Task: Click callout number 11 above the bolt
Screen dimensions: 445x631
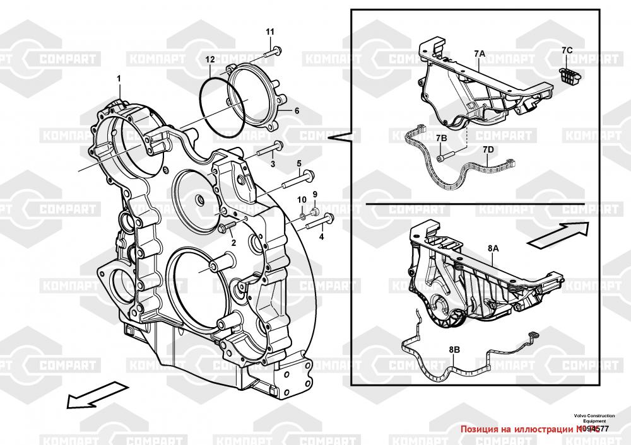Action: click(270, 32)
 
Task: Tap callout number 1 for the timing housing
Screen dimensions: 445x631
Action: click(118, 78)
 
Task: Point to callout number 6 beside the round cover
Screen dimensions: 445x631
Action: click(297, 110)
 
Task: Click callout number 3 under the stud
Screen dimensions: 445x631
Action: click(273, 164)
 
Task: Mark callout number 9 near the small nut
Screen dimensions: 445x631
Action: click(315, 194)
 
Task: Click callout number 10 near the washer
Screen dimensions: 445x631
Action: click(302, 200)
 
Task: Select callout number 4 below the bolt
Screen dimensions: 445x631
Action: click(321, 237)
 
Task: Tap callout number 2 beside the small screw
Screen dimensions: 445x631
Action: click(233, 243)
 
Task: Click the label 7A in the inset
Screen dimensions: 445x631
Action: click(479, 54)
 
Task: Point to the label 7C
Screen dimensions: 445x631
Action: click(567, 50)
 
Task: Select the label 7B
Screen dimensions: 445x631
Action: click(441, 137)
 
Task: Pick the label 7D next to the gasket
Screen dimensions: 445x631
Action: click(488, 149)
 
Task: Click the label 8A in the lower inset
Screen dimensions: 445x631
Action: click(493, 250)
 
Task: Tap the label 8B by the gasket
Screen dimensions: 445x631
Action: click(454, 349)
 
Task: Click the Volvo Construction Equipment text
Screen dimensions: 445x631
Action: click(594, 418)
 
